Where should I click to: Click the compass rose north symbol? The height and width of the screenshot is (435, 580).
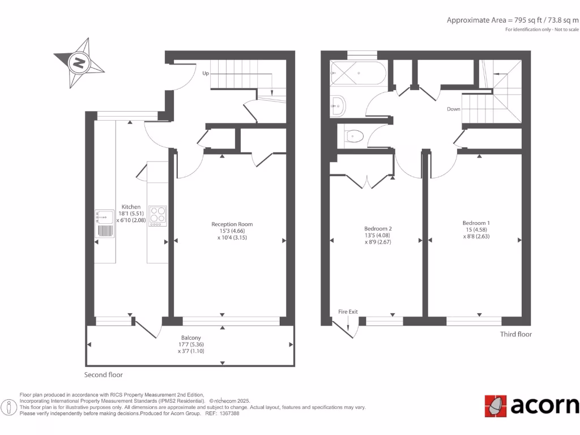coord(79,62)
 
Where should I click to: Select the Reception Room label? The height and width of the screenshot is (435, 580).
coord(236,224)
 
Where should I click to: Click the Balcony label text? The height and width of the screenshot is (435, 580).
coord(191,338)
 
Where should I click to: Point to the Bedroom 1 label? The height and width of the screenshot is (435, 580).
coord(476,223)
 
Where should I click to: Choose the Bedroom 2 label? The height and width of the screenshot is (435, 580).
coord(378,229)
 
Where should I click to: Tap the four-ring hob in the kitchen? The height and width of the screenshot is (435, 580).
coord(157,216)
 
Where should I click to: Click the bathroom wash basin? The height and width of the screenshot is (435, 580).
coord(338,103)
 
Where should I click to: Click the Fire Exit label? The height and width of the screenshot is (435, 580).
coord(348,312)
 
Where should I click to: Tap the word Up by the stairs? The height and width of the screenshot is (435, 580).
coord(206,74)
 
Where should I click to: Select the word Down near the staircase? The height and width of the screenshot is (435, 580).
coord(453,109)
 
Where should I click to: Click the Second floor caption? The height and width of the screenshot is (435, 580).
coord(104,375)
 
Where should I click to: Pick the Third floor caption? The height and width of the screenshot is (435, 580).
coord(515,334)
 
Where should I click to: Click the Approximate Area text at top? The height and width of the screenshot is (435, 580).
coord(513,20)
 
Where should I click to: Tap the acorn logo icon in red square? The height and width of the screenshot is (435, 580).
coord(495,406)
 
